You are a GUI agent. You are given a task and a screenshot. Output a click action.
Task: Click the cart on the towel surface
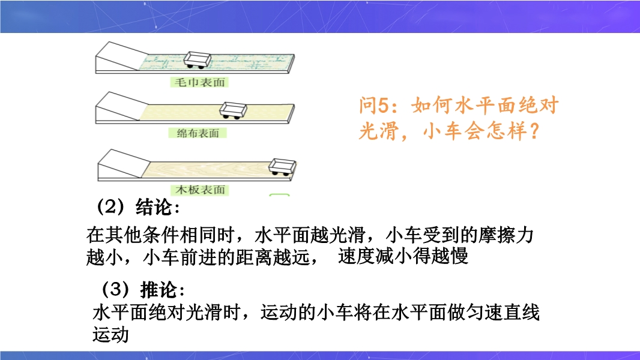[x=198, y=59]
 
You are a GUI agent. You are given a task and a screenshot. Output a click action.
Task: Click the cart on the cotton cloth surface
[x=233, y=110]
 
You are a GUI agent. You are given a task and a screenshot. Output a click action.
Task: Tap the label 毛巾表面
[x=199, y=82]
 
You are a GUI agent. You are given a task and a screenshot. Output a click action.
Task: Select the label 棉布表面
[x=198, y=133]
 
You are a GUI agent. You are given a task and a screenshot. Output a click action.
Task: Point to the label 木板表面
[x=200, y=190]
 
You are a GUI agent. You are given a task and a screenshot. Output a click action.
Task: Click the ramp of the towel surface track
[x=118, y=56]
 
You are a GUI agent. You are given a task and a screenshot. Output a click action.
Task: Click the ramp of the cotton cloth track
[x=118, y=107]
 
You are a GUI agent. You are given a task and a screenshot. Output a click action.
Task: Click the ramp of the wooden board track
[x=121, y=164]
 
